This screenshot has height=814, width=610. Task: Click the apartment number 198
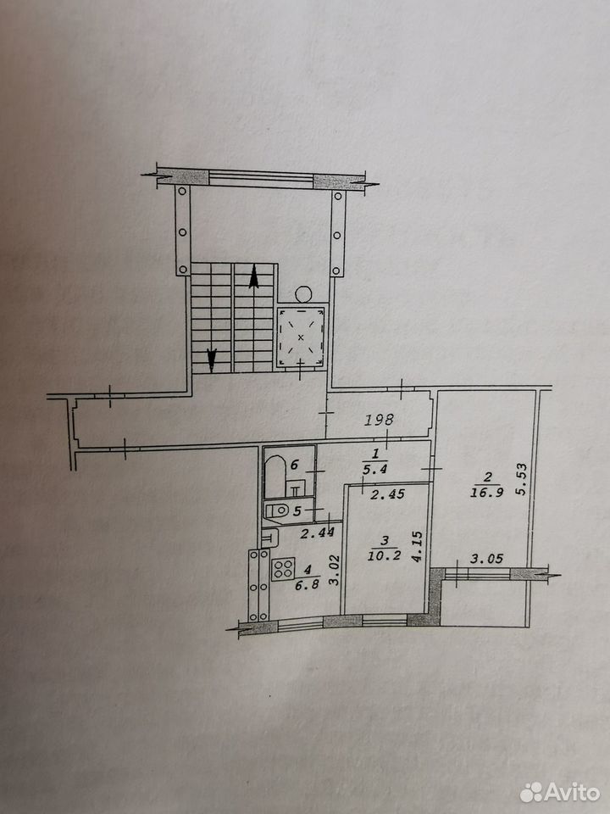379,420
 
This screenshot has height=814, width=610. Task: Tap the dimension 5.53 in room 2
522,478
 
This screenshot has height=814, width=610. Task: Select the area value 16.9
486,492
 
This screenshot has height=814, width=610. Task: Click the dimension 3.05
486,559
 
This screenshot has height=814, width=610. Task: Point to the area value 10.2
384,556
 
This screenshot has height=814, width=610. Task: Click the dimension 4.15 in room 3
417,546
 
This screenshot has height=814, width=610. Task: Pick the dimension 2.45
387,494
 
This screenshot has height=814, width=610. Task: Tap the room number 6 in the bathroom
295,464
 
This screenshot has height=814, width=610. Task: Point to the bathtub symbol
274,476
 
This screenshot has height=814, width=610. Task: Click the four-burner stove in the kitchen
283,568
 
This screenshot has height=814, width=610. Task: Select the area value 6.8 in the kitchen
308,583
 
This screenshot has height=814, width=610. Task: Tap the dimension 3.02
335,570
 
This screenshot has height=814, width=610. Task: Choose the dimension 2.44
318,532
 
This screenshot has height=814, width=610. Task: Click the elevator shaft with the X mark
301,337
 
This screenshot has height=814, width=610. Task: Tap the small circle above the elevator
303,294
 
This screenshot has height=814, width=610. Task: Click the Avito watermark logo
559,792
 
